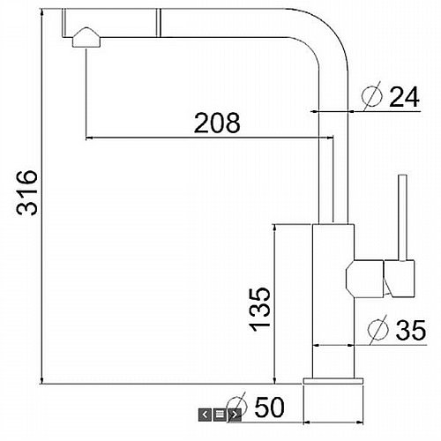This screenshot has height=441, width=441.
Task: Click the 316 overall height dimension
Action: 27,193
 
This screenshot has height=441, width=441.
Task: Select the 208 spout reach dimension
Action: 217,123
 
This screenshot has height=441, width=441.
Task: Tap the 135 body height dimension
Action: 259,309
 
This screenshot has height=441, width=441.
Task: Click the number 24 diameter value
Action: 404,97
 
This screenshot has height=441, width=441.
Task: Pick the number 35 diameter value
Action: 411,330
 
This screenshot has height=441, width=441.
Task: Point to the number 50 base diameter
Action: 269,407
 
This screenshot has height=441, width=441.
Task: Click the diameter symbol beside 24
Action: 372,95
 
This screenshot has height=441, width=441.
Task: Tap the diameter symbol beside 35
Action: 378,329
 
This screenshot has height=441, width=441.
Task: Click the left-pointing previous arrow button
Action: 205,415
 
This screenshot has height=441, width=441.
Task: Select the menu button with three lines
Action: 220,415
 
